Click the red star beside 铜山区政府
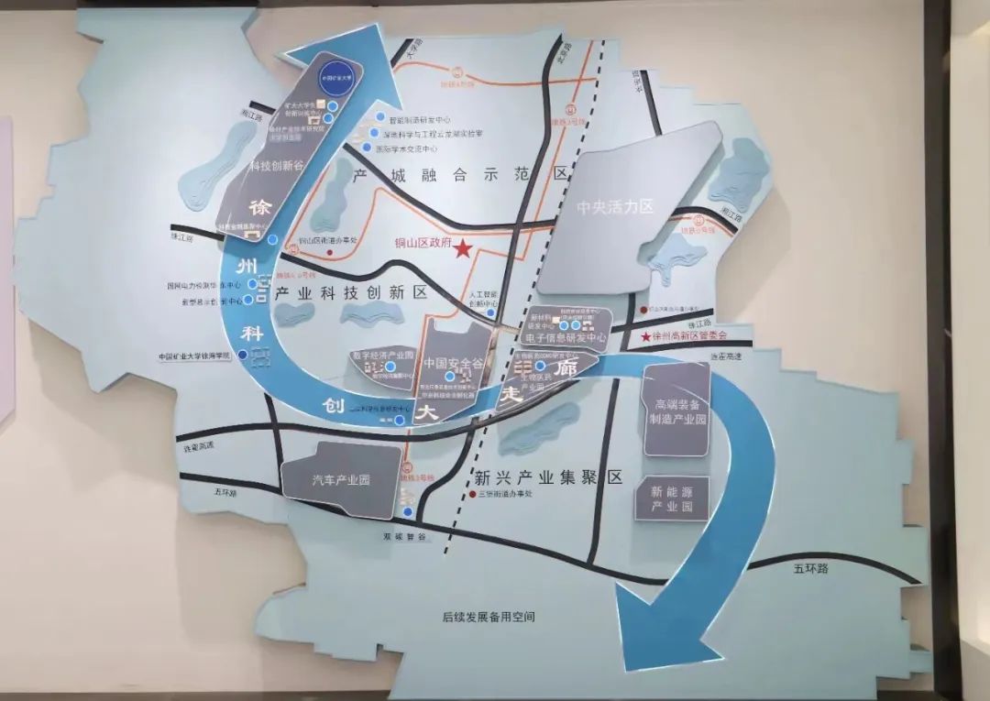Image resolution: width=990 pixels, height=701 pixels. click(463, 248)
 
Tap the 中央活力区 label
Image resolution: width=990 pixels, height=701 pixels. click(615, 208)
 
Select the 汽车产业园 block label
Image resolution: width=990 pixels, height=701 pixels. click(340, 479)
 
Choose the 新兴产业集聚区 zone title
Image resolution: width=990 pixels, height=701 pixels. click(548, 477)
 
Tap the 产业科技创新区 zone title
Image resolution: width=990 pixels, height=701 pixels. click(351, 292)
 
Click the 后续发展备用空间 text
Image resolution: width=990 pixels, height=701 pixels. click(488, 617)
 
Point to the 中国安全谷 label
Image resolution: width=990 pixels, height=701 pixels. click(449, 363)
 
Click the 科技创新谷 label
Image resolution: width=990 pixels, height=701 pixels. click(278, 165)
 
